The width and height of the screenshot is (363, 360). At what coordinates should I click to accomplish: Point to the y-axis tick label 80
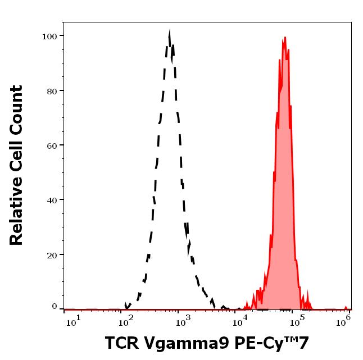coord(51,91)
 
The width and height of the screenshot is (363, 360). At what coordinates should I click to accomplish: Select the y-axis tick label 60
coord(51,145)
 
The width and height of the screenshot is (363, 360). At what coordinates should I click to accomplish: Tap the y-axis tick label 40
coord(51,200)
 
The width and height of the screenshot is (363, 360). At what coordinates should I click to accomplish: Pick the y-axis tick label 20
coord(51,254)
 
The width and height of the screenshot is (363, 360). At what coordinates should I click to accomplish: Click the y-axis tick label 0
coord(54,307)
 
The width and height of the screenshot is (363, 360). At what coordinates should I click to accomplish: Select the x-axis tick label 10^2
coord(126,320)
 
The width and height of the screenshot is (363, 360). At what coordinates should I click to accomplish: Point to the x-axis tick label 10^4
coord(241,320)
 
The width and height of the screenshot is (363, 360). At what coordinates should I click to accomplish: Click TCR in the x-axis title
coord(121,343)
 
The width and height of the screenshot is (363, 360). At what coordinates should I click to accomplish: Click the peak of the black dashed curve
coord(170,32)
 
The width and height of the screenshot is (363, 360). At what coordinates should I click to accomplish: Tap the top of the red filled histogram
coord(285,38)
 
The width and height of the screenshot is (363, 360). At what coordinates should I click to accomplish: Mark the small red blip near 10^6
coord(347,307)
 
